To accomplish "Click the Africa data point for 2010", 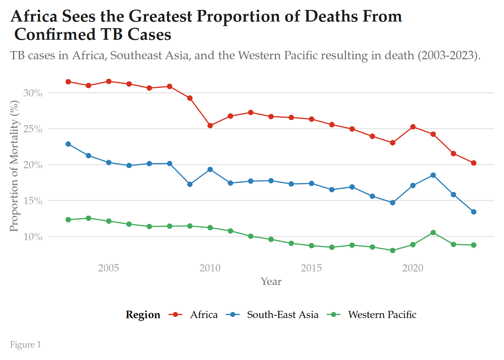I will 210,126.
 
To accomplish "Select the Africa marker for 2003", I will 68,82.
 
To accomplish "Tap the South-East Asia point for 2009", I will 190,184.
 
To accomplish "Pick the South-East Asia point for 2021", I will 433,175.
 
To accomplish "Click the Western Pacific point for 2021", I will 433,232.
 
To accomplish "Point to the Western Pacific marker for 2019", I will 393,250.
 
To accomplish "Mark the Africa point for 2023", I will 474,163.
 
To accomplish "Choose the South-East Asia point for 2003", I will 68,144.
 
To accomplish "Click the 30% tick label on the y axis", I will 33,93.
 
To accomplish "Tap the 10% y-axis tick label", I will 33,237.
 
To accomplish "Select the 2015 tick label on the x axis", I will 311,268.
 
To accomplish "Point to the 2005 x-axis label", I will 109,268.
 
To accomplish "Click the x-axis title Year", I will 271,282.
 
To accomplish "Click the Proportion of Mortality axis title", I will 14,166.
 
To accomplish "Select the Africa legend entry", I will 204,315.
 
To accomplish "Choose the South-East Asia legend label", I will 283,315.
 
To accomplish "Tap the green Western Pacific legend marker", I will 334,315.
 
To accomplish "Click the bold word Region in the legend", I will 143,315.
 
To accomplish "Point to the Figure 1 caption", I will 25,345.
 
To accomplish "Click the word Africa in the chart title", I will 34,16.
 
